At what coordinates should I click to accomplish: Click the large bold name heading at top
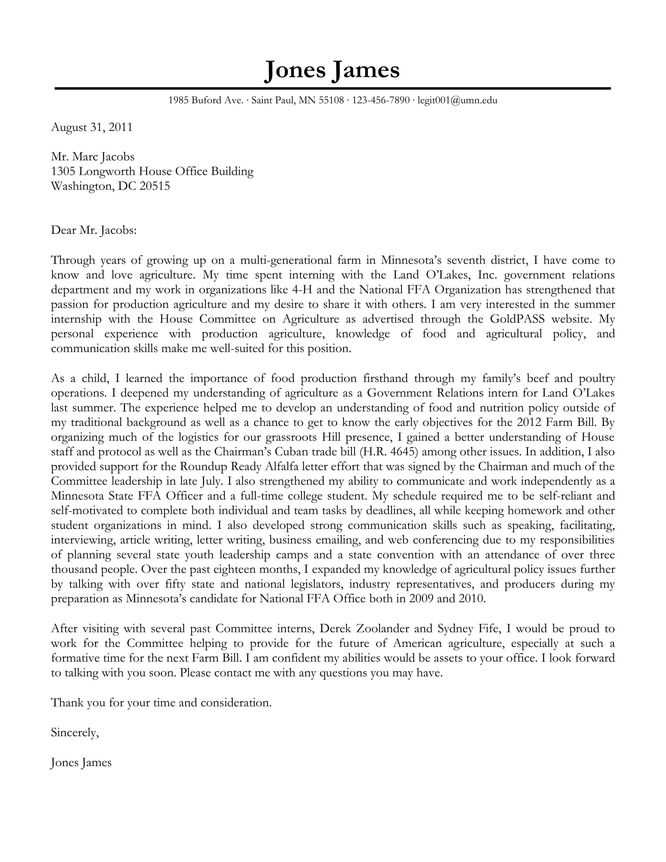332,70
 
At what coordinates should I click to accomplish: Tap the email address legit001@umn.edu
457,100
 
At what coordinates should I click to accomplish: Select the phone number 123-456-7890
381,100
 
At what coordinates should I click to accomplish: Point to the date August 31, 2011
92,127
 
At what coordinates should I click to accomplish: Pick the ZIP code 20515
155,186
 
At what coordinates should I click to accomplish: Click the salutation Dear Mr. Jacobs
94,230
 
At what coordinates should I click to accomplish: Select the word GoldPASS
517,319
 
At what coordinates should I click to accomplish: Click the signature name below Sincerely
81,762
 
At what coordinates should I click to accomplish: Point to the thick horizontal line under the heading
332,89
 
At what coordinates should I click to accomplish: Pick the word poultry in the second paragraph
597,378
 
